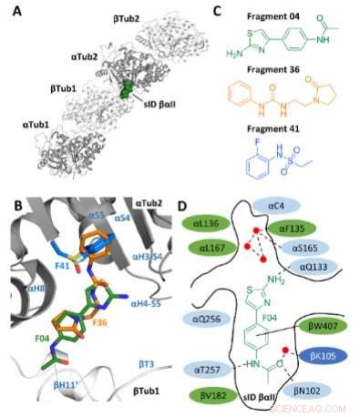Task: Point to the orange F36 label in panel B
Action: point(98,321)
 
